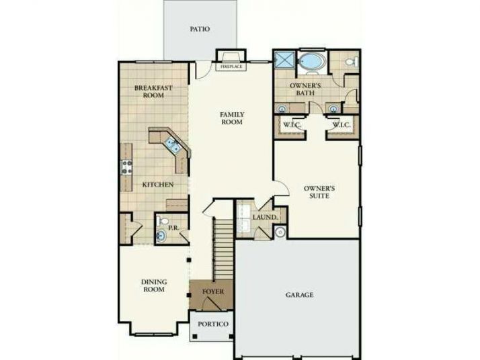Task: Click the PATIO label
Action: click(x=200, y=29)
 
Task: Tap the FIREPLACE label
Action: click(x=231, y=66)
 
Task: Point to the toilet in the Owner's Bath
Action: click(x=352, y=62)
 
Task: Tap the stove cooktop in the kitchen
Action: click(x=127, y=167)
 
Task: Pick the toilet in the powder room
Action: click(x=163, y=220)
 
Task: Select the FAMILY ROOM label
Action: click(x=232, y=118)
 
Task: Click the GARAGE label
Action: click(x=299, y=295)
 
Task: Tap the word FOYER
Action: click(x=213, y=291)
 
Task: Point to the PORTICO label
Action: click(x=213, y=324)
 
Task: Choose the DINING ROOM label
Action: click(x=154, y=285)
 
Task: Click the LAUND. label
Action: click(x=265, y=218)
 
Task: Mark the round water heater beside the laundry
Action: click(x=280, y=232)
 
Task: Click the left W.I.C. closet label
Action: click(x=292, y=125)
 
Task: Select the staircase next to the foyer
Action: click(x=223, y=249)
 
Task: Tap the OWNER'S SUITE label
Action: click(x=319, y=192)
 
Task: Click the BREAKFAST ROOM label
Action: click(x=153, y=91)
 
